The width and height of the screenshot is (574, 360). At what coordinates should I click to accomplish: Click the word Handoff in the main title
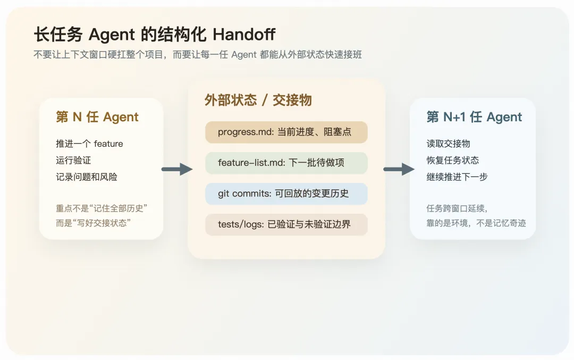point(244,35)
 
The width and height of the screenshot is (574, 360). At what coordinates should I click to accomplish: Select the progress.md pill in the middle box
point(286,132)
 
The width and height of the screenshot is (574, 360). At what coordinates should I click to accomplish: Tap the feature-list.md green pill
point(286,163)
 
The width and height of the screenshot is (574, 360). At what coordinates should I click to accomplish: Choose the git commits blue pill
point(286,194)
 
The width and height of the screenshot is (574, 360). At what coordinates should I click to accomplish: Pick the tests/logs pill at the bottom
point(286,224)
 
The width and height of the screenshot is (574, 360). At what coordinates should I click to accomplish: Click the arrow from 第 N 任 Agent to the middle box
point(177,169)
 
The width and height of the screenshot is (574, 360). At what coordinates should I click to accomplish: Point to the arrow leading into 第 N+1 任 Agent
point(399,169)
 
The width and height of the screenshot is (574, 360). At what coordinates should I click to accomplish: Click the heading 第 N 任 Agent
point(97,117)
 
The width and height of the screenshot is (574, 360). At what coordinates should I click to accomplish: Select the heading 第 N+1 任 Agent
point(474,117)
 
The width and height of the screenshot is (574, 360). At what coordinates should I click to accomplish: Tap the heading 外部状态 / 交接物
point(258,100)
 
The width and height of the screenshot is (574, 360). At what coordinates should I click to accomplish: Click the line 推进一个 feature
point(89,144)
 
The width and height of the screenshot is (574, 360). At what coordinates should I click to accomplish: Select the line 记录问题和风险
point(87,177)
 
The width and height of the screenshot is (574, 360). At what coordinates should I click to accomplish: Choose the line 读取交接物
point(448,144)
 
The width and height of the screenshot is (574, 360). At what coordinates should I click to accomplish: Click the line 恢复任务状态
point(452,160)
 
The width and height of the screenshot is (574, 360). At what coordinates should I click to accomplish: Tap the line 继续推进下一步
point(457,177)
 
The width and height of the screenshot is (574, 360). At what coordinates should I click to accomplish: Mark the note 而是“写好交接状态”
point(94,223)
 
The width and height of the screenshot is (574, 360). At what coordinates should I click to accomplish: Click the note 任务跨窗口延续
point(457,208)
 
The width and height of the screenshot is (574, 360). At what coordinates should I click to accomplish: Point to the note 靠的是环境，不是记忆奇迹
point(476,223)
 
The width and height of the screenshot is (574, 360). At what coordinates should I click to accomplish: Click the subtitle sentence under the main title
point(198,54)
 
